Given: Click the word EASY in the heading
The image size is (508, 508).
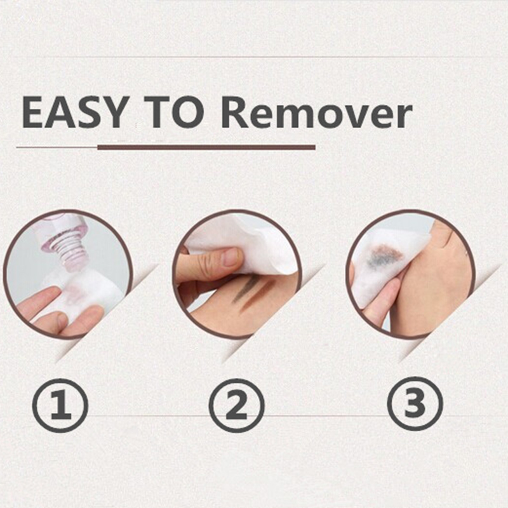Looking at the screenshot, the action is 74,112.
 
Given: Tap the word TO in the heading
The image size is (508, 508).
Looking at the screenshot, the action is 174,112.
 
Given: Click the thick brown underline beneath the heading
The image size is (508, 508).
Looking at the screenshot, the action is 206,147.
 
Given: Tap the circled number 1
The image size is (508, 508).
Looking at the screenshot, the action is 60,405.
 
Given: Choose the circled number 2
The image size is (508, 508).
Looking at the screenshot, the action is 236,405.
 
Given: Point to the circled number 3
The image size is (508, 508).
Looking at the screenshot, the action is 415,404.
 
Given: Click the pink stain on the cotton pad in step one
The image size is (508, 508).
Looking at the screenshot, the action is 73,294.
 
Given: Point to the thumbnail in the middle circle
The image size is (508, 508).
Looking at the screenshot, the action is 232,257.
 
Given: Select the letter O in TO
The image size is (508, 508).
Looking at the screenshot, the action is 189,112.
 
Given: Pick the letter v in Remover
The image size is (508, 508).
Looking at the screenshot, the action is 353,116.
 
